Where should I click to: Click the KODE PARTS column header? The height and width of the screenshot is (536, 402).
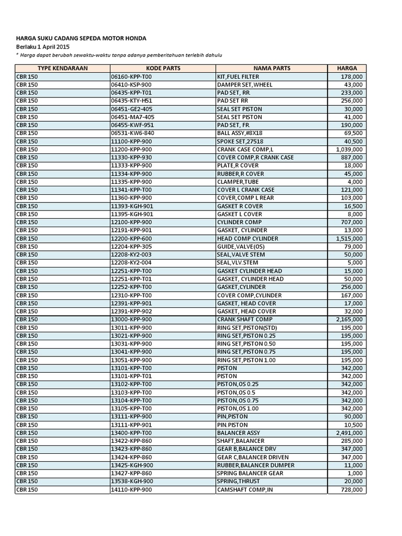pyautogui.click(x=163, y=68)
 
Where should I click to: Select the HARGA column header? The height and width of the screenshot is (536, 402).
pyautogui.click(x=347, y=68)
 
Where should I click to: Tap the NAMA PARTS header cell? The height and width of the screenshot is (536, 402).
pyautogui.click(x=272, y=68)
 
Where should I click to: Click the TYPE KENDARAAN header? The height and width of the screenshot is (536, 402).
pyautogui.click(x=62, y=68)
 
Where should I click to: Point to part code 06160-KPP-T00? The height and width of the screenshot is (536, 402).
pyautogui.click(x=131, y=76)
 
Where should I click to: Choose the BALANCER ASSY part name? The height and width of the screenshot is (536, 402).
pyautogui.click(x=238, y=433)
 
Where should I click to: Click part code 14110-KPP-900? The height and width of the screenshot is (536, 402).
pyautogui.click(x=131, y=489)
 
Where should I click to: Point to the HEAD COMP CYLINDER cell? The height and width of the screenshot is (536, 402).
pyautogui.click(x=248, y=238)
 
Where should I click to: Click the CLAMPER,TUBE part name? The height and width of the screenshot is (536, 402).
pyautogui.click(x=238, y=182)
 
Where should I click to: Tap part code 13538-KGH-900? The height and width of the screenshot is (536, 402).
pyautogui.click(x=132, y=481)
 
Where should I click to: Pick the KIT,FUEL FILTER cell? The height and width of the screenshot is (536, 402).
pyautogui.click(x=238, y=76)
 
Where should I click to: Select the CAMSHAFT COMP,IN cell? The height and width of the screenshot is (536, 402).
pyautogui.click(x=245, y=489)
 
